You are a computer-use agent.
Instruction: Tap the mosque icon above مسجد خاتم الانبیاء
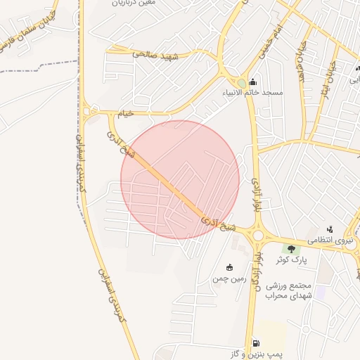point(253,82)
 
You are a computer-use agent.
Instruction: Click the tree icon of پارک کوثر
point(290,248)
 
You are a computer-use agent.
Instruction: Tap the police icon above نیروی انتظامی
point(330,229)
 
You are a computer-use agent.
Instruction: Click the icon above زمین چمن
point(229,267)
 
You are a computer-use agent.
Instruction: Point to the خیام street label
point(125,112)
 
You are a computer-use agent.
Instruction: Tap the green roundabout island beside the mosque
point(241,84)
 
